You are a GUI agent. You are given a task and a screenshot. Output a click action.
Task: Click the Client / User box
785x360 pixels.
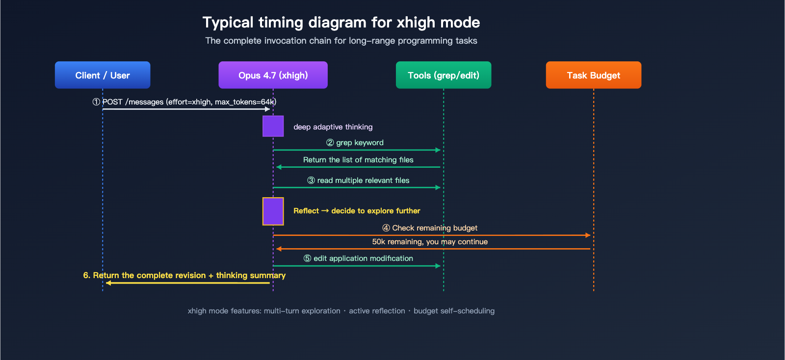pyautogui.click(x=103, y=75)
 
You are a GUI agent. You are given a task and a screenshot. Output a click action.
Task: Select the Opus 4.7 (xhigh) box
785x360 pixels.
pyautogui.click(x=273, y=75)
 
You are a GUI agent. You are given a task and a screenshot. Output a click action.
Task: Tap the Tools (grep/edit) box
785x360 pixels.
pyautogui.click(x=444, y=75)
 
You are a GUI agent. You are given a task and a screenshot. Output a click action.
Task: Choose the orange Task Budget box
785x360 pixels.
pyautogui.click(x=593, y=75)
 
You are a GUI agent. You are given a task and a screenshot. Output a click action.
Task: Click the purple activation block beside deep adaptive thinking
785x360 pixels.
pyautogui.click(x=273, y=126)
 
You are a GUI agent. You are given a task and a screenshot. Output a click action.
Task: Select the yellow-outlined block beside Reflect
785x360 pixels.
pyautogui.click(x=273, y=211)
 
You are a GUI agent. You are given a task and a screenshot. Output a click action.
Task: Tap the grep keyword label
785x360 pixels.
pyautogui.click(x=359, y=143)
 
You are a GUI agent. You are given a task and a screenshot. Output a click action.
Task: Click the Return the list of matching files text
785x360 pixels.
pyautogui.click(x=358, y=160)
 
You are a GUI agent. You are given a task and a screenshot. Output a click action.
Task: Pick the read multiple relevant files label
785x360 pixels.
pyautogui.click(x=363, y=180)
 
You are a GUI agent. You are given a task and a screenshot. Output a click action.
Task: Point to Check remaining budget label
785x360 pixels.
pyautogui.click(x=434, y=228)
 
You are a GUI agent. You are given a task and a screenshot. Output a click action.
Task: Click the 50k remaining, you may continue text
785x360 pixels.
pyautogui.click(x=430, y=242)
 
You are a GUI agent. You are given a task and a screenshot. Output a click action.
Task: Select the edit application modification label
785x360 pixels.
pyautogui.click(x=363, y=258)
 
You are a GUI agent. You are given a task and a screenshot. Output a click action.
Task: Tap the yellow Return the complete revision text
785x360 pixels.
pyautogui.click(x=184, y=276)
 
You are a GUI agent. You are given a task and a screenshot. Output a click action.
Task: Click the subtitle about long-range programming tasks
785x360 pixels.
pyautogui.click(x=341, y=41)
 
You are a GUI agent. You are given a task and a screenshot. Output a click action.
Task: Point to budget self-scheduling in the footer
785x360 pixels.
pyautogui.click(x=454, y=311)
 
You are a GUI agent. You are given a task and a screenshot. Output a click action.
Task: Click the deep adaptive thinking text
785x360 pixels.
pyautogui.click(x=333, y=127)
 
